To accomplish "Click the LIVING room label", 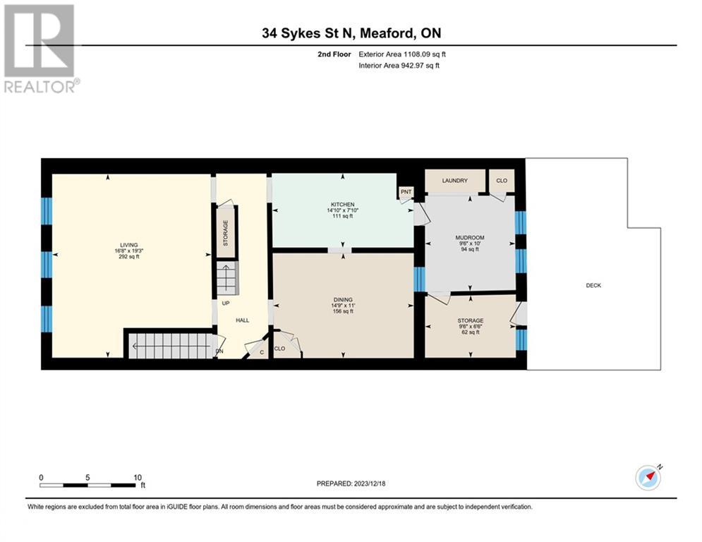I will tap(128, 245).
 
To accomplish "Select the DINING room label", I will tap(342, 299).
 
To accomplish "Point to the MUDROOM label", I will tap(471, 237).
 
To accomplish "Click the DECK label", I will tap(593, 285).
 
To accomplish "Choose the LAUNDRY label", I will tap(455, 181).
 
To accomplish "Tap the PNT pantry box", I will tap(406, 191).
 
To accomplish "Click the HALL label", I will tap(242, 320).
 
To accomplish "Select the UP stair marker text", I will tap(226, 303).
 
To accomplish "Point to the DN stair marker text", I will tap(219, 351).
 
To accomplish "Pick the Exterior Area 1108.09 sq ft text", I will tap(402, 54).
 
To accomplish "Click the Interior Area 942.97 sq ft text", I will tap(401, 66).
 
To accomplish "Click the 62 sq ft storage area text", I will tap(470, 332).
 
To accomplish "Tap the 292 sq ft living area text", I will tap(128, 257).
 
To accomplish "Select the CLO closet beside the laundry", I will tap(502, 181).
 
